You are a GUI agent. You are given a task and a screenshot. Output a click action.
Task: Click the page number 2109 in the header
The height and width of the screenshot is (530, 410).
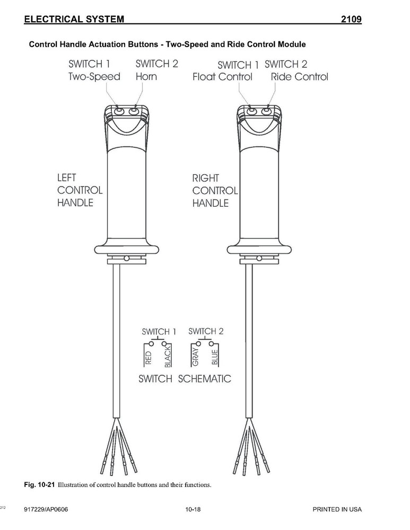(351, 19)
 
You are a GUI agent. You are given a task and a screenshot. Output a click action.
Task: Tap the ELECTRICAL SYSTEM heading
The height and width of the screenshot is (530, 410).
(74, 19)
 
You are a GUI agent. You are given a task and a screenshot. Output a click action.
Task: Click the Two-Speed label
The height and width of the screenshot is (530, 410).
(94, 77)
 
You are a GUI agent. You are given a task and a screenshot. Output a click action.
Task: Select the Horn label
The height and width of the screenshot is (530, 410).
(146, 76)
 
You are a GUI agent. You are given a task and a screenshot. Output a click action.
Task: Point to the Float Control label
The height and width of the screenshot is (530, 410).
(222, 77)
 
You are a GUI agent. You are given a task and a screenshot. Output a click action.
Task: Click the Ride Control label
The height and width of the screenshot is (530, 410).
(299, 77)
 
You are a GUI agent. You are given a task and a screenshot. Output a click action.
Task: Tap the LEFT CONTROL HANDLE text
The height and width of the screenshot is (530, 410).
(80, 190)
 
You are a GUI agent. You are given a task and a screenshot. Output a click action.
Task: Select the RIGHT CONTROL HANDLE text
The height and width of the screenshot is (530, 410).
(215, 191)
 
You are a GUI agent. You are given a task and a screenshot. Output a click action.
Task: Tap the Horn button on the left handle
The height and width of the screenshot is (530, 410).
(134, 110)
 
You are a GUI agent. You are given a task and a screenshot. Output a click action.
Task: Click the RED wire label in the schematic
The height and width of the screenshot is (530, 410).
(148, 358)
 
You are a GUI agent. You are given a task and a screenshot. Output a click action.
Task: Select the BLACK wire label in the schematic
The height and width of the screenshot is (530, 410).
(168, 358)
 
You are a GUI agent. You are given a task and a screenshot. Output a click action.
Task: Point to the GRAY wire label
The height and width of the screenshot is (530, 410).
(195, 357)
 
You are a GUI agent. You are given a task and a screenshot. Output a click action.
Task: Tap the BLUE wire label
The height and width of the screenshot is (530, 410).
(214, 358)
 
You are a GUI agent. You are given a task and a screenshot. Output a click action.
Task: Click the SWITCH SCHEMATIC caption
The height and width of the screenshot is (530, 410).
(185, 378)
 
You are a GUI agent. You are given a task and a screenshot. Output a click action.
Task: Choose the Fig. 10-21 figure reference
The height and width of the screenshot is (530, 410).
(39, 485)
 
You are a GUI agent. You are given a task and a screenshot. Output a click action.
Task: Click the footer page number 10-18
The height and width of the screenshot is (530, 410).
(193, 509)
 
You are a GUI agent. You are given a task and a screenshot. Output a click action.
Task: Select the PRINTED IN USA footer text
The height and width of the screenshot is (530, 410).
(337, 509)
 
